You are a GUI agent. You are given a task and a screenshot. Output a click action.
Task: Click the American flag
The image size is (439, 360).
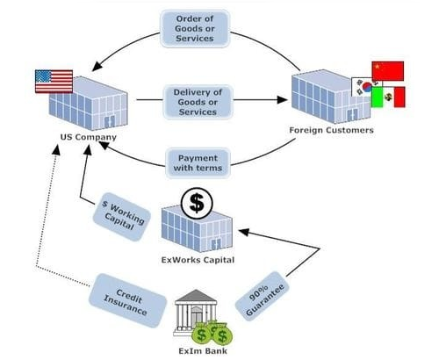54,82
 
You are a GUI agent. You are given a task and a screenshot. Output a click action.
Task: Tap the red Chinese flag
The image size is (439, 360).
388,71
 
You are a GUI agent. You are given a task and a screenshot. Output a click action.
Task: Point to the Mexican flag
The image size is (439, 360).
389,97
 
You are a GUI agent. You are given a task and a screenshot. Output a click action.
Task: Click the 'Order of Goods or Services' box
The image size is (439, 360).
195,28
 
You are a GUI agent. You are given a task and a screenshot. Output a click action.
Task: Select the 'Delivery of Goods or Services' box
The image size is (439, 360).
198,102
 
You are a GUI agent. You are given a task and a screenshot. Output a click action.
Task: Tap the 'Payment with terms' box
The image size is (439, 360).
198,163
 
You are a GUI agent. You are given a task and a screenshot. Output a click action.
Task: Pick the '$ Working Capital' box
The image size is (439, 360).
122,217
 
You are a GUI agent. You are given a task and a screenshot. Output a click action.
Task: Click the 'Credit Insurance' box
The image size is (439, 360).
127,300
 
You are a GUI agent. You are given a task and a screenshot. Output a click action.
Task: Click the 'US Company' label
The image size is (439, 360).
89,137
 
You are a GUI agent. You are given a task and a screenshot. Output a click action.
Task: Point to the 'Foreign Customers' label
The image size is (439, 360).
331,130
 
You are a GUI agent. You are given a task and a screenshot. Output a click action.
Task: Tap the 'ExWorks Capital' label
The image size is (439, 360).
198,260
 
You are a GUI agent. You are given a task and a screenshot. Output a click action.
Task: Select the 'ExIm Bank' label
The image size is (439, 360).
203,351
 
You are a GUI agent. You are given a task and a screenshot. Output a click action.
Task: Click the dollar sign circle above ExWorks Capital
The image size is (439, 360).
197,204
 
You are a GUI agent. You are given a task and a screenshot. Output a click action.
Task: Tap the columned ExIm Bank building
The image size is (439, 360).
196,313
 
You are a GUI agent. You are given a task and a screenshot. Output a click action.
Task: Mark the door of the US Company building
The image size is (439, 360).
109,121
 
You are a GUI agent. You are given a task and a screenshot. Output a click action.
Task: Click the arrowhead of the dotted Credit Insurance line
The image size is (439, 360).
56,150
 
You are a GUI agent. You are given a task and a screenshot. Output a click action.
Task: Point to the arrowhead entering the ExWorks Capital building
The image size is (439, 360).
244,232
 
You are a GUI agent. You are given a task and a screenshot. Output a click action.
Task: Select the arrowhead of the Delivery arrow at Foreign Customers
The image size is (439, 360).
282,100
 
